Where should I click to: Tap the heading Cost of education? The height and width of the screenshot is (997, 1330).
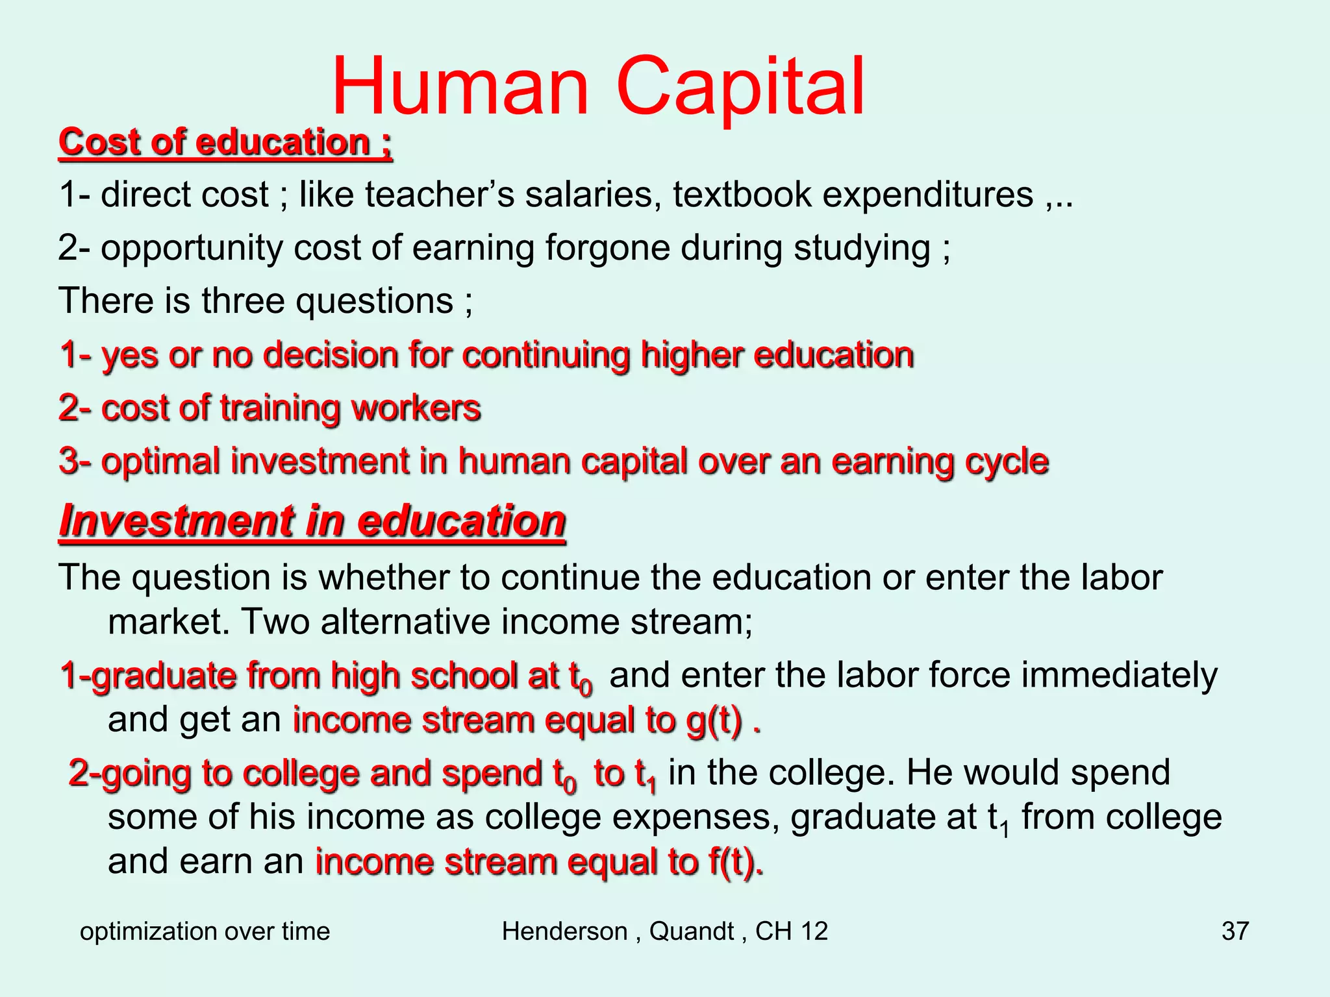coord(225,142)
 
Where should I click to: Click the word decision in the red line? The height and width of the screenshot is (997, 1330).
coord(330,356)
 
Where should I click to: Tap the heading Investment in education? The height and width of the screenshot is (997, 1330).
coord(312,521)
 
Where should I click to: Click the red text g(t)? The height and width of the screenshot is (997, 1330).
coord(714,720)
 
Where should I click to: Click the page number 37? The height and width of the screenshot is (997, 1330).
coord(1235,931)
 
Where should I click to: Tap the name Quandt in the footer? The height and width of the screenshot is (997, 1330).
coord(692,931)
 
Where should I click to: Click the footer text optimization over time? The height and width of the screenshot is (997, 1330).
coord(205,931)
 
